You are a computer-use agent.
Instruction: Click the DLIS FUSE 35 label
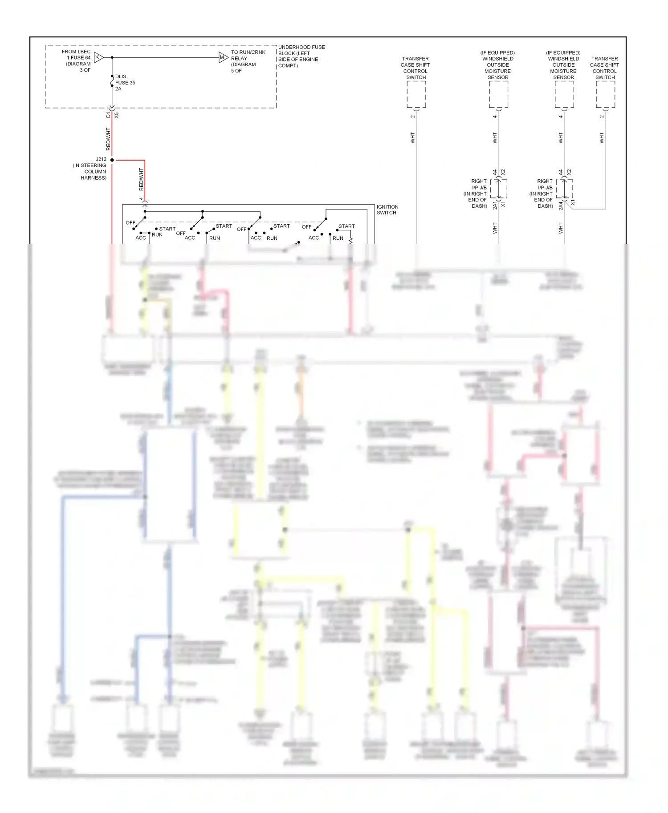tap(125, 82)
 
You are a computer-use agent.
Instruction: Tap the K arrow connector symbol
tap(98, 57)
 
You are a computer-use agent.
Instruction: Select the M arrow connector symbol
tap(223, 57)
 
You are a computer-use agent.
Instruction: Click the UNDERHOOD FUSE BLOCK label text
tap(301, 56)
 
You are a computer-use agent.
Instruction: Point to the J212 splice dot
tap(112, 160)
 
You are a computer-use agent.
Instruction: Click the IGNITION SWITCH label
tap(387, 209)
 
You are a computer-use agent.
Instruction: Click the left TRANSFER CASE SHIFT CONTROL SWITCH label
tap(415, 68)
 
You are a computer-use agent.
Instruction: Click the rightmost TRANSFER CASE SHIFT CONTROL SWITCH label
tap(604, 68)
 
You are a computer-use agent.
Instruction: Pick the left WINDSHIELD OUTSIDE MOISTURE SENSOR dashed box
tap(498, 95)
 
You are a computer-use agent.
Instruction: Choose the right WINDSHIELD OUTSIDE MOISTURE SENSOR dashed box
tap(564, 95)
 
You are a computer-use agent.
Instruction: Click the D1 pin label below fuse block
tap(108, 115)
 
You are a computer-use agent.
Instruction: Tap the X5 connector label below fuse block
tap(117, 115)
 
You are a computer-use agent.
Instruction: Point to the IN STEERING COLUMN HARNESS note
tap(90, 171)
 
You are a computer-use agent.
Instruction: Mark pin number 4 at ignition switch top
tap(141, 199)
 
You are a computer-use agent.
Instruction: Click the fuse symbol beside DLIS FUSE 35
tap(112, 83)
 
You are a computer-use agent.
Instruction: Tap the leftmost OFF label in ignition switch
tap(130, 222)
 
